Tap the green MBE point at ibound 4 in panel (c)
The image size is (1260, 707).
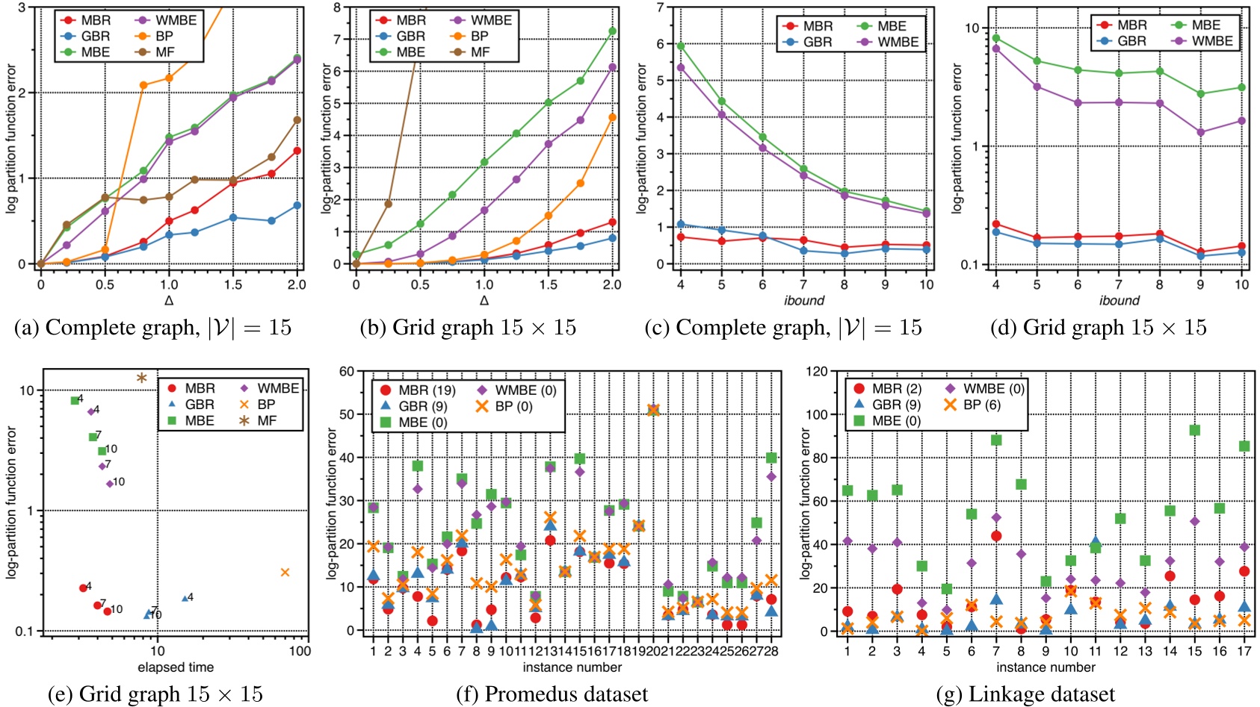point(681,46)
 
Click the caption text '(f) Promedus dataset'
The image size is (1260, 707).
point(552,694)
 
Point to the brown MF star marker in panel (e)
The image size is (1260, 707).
point(141,378)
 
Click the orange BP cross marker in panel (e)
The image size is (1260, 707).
point(285,572)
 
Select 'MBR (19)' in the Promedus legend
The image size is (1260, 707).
point(418,390)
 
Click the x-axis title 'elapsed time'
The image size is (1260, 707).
point(176,667)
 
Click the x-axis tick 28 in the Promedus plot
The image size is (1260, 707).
point(771,650)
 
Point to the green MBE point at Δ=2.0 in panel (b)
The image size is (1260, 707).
point(612,31)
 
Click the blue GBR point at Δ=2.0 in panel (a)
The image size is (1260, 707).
point(297,205)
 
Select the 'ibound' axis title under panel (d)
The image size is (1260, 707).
point(1119,300)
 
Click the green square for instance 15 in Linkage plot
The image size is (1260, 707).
point(1194,430)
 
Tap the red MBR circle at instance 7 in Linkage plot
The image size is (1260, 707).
point(996,536)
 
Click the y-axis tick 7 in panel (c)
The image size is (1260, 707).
point(660,7)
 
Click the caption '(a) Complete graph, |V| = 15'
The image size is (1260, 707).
point(152,327)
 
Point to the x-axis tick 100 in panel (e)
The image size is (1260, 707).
point(300,650)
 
